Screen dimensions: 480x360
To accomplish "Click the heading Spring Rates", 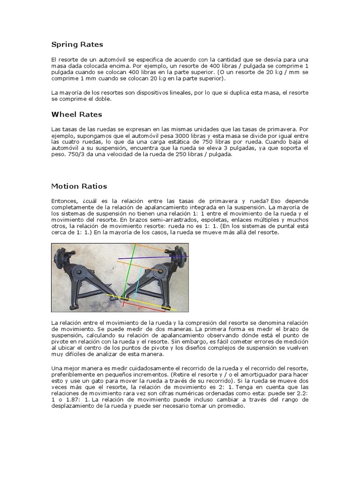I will [76, 45].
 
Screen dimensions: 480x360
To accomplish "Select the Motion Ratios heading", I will [79, 186].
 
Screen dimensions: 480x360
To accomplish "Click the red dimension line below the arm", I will [141, 308].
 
